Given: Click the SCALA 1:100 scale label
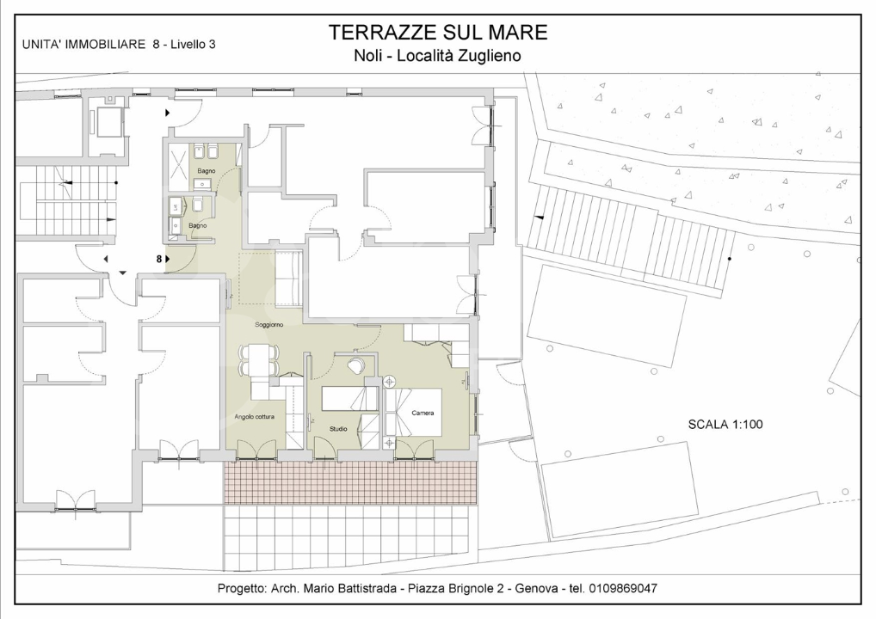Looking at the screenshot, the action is pos(725,424).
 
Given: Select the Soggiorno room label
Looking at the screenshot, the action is pos(269,324).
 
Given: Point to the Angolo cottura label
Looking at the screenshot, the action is pos(254,416).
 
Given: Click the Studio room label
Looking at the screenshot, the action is pos(338,429).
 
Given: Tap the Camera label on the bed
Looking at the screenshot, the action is pos(423,413).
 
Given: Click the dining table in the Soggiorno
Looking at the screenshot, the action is pos(259,360).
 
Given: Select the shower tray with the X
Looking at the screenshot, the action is pos(179,159).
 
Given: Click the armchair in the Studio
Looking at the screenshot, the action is pos(355,366).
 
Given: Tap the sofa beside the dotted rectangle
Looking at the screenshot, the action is pos(289,277).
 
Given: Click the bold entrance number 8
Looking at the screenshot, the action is pos(159,259).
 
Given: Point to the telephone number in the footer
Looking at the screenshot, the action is pos(623,588).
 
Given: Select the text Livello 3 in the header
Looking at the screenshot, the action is pos(193,45).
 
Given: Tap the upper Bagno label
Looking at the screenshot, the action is pos(207,171).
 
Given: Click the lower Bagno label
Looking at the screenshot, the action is pos(197,225).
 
